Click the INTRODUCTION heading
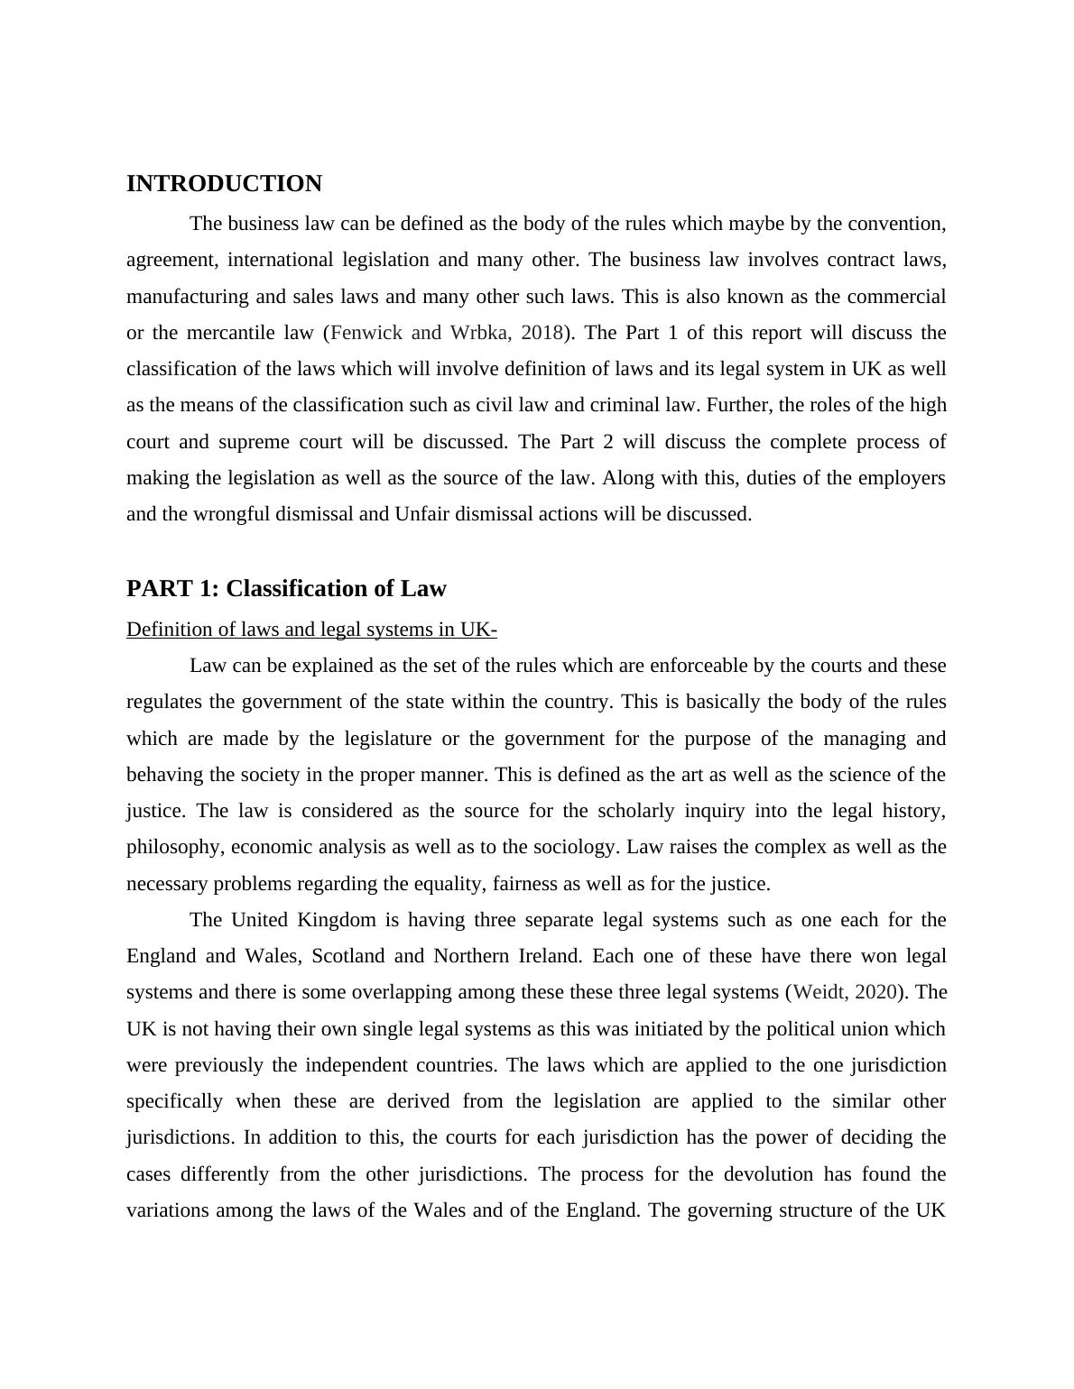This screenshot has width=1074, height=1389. click(x=224, y=184)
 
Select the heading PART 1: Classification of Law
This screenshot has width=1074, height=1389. click(x=286, y=589)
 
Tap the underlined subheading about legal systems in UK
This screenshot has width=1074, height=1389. click(x=311, y=630)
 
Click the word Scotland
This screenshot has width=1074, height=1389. click(x=347, y=956)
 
